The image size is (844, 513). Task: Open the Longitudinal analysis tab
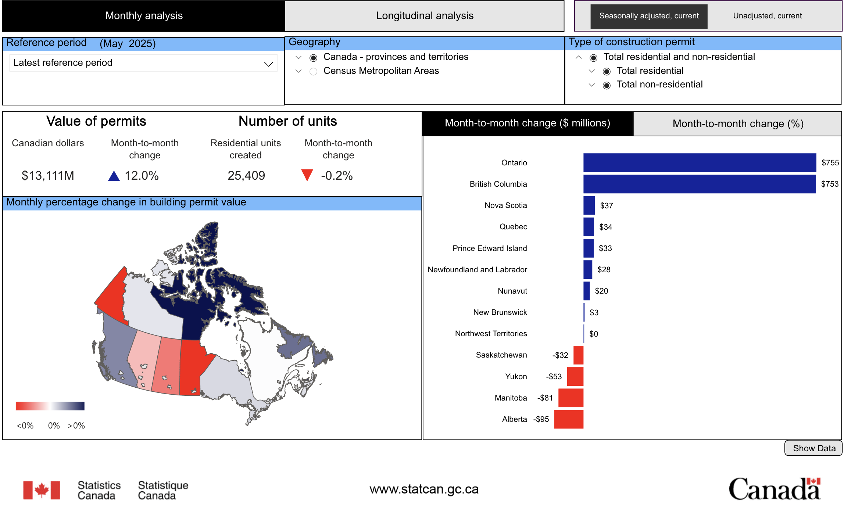click(x=424, y=16)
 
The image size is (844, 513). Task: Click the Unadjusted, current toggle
click(x=767, y=16)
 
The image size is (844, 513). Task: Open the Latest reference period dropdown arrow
click(x=268, y=64)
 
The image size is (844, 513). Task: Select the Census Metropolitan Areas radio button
click(x=313, y=71)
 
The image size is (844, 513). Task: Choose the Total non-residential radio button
click(x=607, y=85)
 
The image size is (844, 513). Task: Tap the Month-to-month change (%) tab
click(x=738, y=124)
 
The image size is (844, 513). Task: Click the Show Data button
click(x=813, y=448)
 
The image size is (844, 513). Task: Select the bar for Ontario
click(x=699, y=163)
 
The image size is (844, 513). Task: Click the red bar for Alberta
click(x=569, y=419)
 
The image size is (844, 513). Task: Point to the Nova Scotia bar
click(x=589, y=205)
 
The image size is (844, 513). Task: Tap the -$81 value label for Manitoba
click(x=545, y=398)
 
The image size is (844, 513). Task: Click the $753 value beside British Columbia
click(x=830, y=184)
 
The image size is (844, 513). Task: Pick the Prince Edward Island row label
click(x=490, y=248)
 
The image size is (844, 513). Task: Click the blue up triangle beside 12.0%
click(x=114, y=176)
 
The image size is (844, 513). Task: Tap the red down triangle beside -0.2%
click(x=307, y=175)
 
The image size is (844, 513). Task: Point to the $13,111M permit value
click(x=48, y=176)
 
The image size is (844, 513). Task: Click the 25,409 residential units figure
click(x=246, y=176)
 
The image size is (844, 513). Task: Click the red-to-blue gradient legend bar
click(x=50, y=406)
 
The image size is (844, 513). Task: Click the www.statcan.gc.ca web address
click(x=424, y=489)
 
